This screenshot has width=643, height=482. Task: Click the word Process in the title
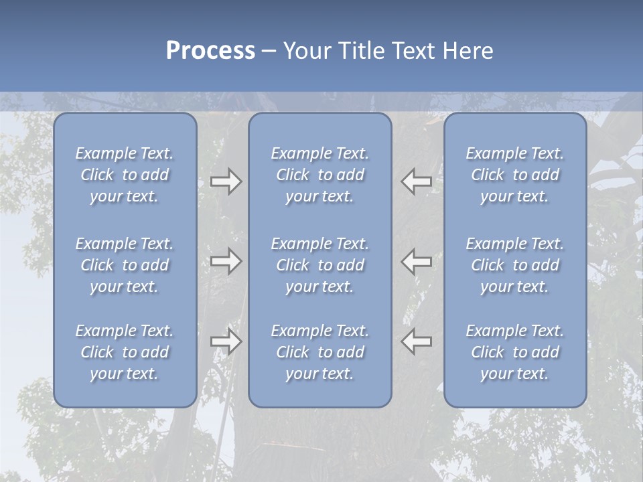(210, 51)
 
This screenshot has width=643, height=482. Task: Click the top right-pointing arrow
(226, 181)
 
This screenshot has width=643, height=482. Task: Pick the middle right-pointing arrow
(226, 261)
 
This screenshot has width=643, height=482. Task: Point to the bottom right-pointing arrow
(226, 341)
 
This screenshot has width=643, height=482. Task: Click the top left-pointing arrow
(416, 181)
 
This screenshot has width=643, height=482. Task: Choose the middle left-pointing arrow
(416, 261)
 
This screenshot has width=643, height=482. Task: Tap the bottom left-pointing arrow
(416, 341)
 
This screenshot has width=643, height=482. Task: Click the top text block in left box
(125, 175)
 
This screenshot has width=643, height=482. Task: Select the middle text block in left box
(125, 265)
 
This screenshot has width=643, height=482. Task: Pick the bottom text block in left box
(125, 352)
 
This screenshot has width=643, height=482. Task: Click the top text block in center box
(319, 175)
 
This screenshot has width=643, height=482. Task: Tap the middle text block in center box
(319, 265)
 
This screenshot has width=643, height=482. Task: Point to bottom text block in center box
(319, 352)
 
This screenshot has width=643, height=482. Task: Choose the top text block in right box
(515, 175)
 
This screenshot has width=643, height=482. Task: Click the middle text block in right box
(515, 265)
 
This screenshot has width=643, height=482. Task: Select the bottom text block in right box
(515, 352)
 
